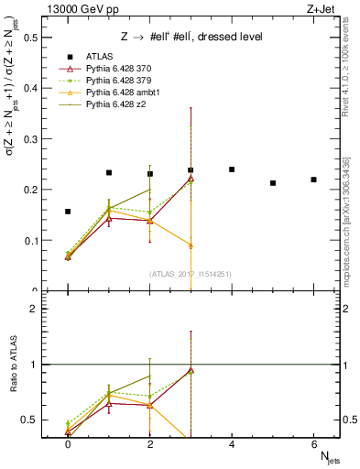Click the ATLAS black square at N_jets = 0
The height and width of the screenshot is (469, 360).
tap(68, 212)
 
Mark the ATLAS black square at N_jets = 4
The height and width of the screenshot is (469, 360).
tap(232, 169)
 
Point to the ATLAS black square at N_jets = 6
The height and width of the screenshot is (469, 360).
tap(313, 180)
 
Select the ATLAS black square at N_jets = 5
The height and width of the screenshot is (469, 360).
tap(273, 183)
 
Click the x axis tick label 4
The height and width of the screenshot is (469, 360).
tap(232, 443)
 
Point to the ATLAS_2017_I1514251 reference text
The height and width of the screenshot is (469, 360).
tap(191, 275)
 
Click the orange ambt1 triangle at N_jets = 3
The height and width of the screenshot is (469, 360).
tap(191, 245)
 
